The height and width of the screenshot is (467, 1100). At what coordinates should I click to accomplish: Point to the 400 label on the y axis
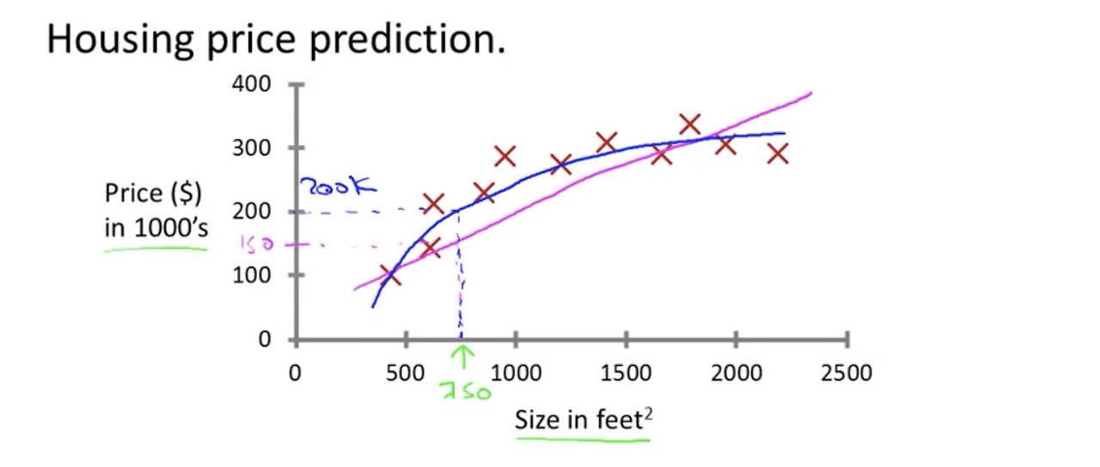[252, 84]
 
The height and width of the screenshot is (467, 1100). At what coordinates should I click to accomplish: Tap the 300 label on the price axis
[252, 148]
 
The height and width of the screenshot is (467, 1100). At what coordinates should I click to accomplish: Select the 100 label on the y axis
[252, 276]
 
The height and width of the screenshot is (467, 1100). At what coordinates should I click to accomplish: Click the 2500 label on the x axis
[846, 373]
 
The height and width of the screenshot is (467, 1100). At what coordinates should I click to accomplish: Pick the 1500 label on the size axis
[626, 373]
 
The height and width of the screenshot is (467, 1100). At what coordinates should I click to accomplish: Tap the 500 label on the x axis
[405, 373]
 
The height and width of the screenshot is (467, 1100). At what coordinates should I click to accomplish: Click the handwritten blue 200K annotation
[339, 186]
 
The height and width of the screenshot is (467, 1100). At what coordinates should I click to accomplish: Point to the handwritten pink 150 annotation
[257, 243]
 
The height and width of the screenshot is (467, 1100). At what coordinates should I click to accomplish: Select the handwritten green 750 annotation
[466, 391]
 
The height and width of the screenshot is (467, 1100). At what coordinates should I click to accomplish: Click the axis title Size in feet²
[584, 420]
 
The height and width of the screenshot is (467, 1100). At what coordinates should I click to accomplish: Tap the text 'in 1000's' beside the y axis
[156, 227]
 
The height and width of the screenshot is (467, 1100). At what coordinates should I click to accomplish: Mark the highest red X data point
[690, 124]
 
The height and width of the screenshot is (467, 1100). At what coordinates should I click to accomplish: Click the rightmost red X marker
[778, 154]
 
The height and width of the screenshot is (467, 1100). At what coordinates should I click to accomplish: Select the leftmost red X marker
[390, 276]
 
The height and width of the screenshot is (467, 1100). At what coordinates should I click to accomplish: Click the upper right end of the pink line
[810, 92]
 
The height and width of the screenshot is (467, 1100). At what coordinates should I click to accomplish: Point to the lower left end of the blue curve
[373, 306]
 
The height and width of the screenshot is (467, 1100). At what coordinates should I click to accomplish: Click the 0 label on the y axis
[265, 339]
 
